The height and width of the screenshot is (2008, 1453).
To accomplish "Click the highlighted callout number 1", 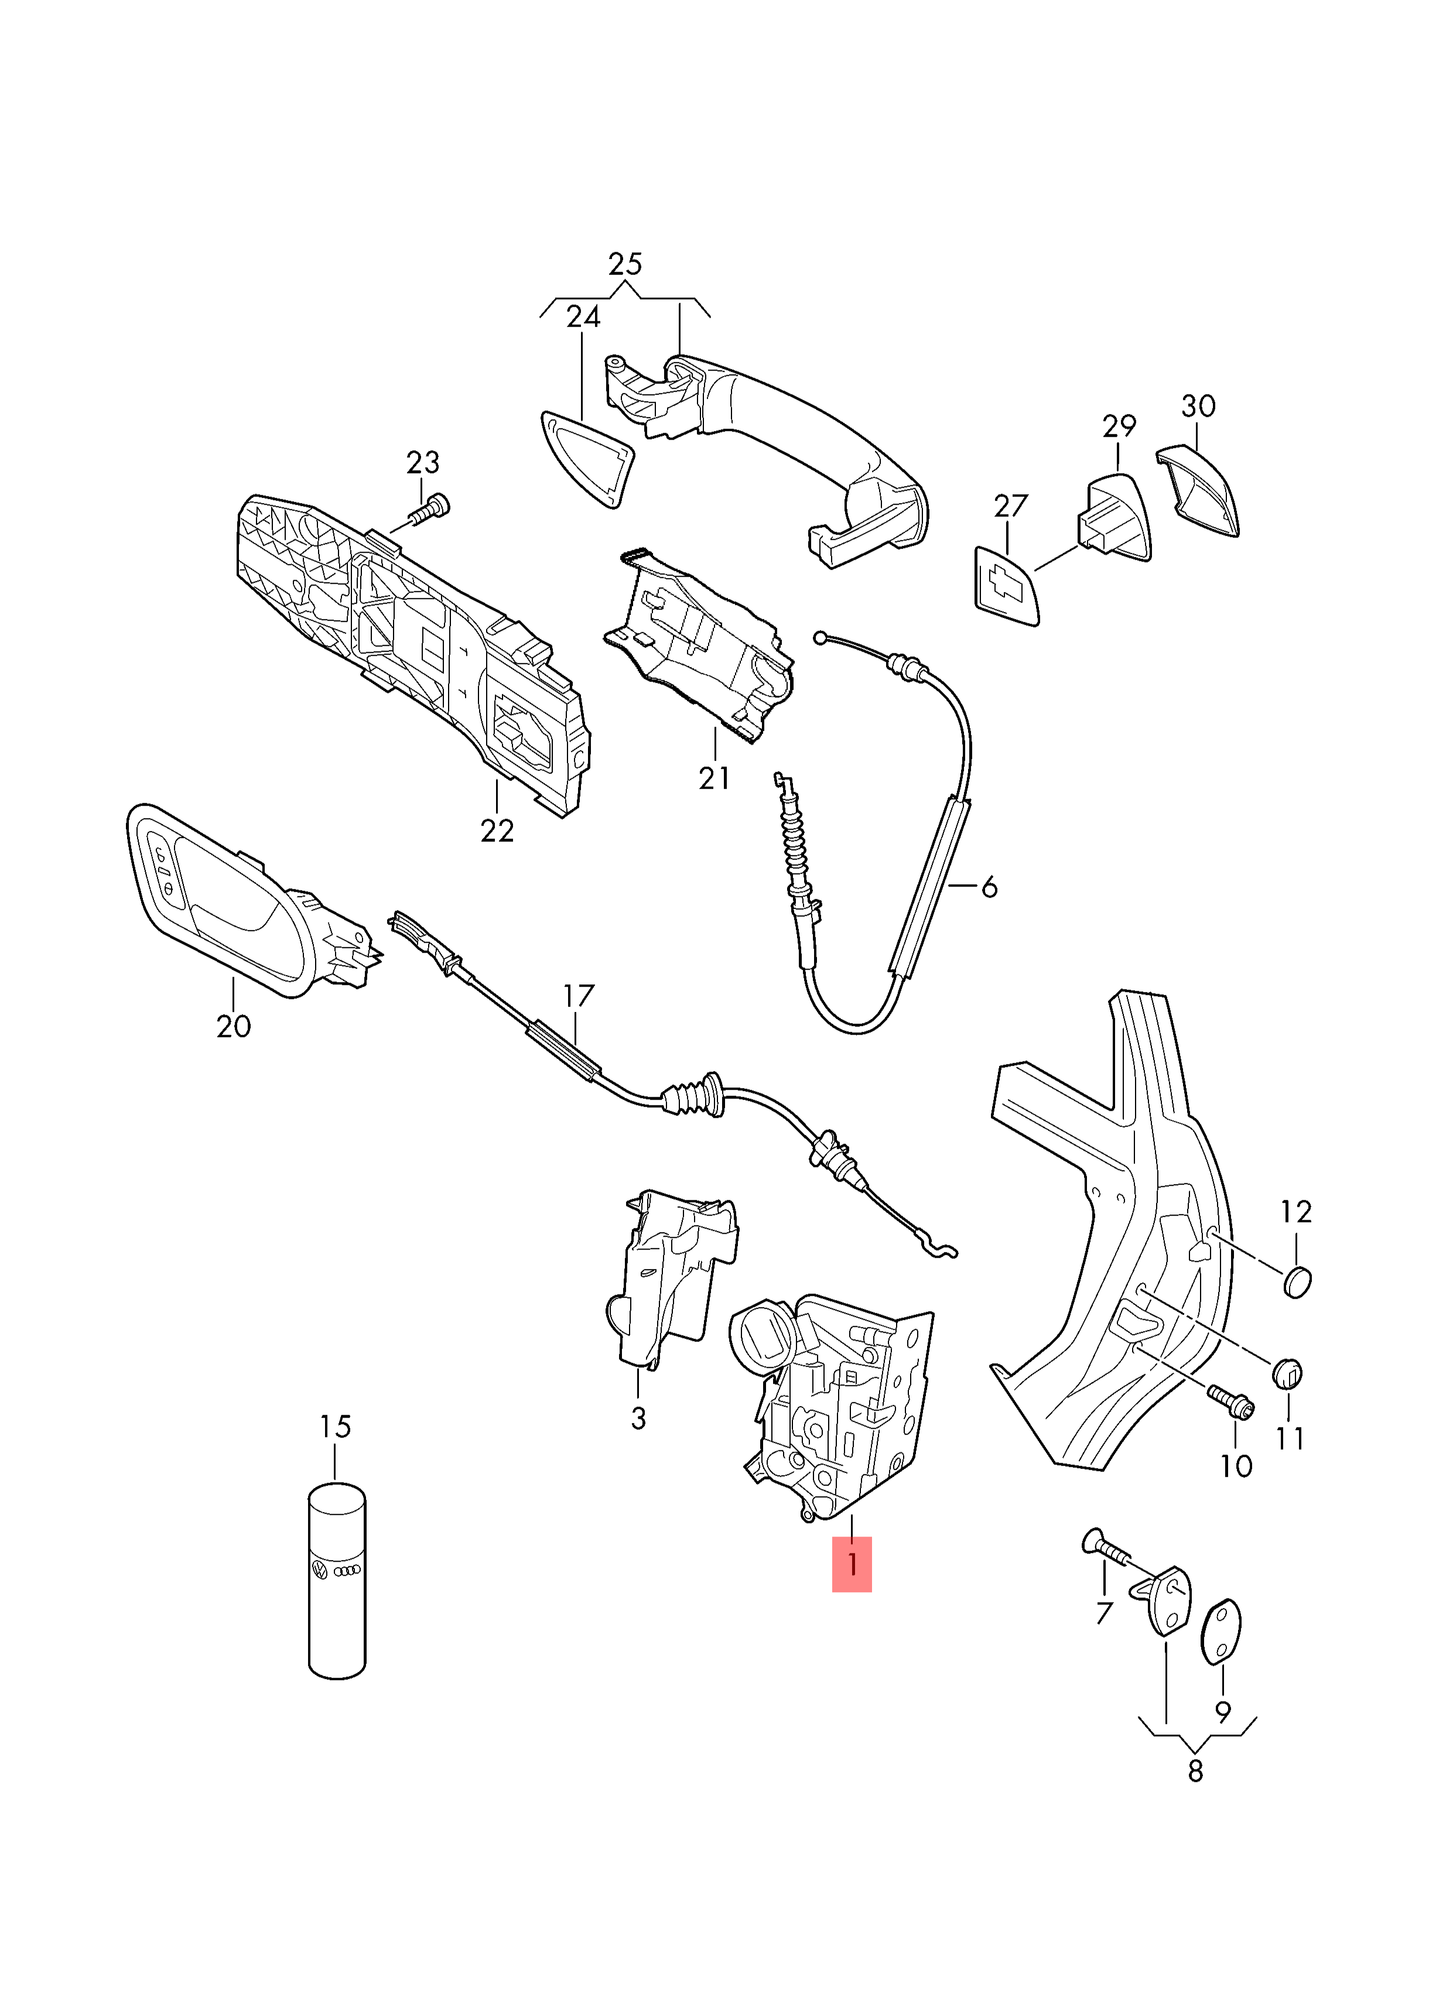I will [851, 1564].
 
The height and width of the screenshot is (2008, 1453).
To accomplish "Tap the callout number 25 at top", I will [625, 264].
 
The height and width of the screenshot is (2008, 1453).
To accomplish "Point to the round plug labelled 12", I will [1296, 1281].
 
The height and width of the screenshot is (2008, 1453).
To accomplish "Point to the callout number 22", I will [497, 830].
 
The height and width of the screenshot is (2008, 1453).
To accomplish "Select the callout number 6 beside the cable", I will [989, 886].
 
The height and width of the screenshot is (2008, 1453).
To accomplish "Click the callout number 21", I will [714, 778].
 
